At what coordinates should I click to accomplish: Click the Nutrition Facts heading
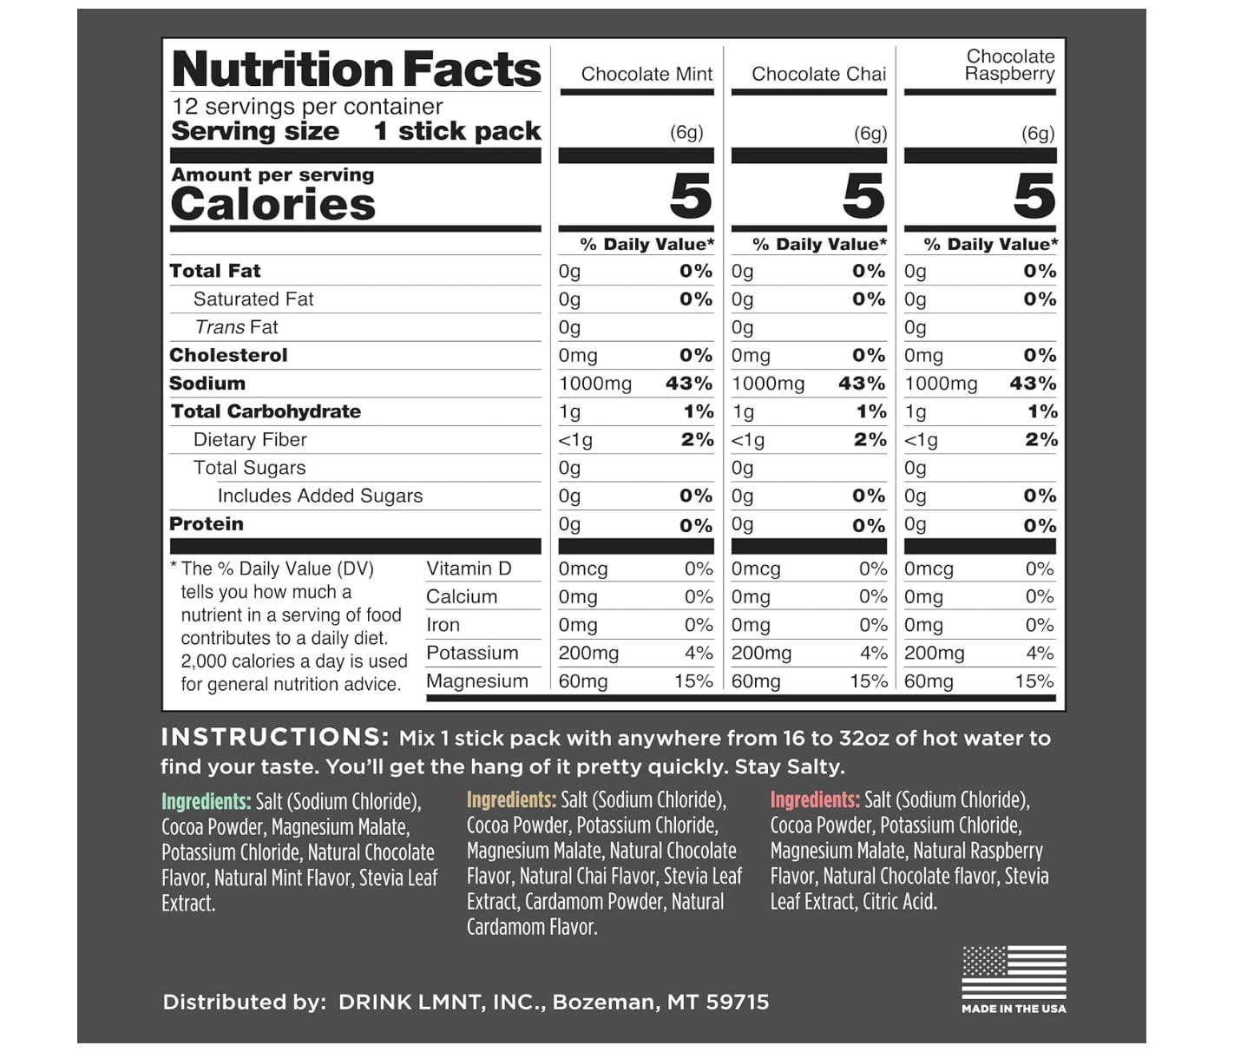[x=356, y=69]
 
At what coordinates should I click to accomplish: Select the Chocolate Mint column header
[x=647, y=75]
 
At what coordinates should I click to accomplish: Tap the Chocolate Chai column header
[x=818, y=75]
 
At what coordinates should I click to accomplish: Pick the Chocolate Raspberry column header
[x=1009, y=65]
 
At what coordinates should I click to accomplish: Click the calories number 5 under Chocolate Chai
[x=863, y=196]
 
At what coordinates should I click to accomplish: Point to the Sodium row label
[x=207, y=384]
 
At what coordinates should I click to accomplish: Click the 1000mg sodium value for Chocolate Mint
[x=595, y=384]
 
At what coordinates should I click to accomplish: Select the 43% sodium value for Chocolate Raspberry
[x=1033, y=384]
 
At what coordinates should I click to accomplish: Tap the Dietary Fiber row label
[x=250, y=440]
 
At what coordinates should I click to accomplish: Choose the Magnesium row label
[x=476, y=681]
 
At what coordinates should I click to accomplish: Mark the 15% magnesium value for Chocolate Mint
[x=693, y=681]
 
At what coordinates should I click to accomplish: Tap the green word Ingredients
[x=206, y=801]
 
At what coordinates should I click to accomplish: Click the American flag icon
[x=1014, y=972]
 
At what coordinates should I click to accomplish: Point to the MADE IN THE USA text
[x=1014, y=1009]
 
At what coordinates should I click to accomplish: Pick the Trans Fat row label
[x=236, y=327]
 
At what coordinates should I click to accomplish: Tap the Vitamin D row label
[x=469, y=569]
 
